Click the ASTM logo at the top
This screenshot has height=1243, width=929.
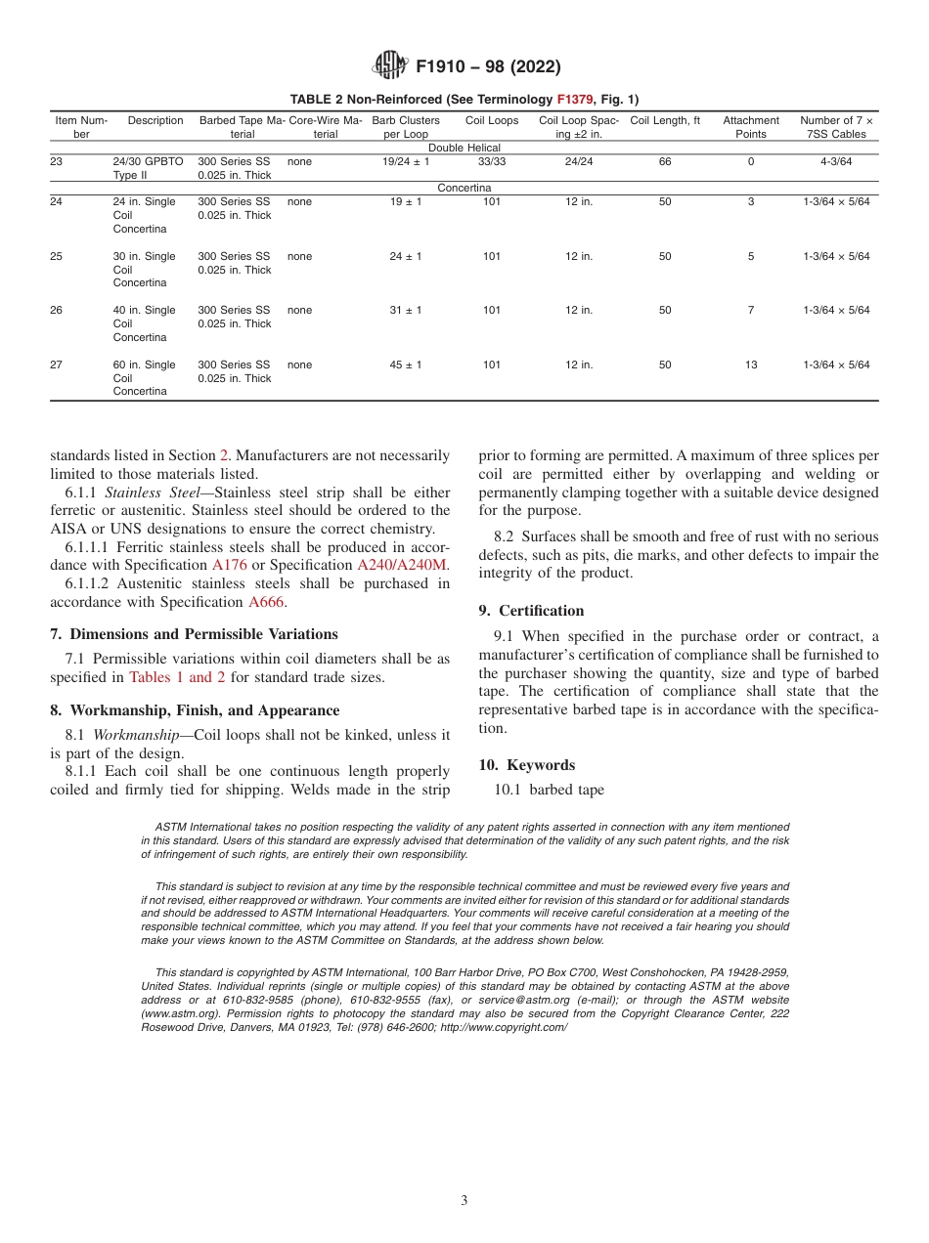(x=389, y=66)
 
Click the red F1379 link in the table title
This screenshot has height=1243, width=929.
(x=575, y=99)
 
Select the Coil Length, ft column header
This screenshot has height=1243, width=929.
(x=665, y=121)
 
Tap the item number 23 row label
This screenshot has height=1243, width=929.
(x=57, y=162)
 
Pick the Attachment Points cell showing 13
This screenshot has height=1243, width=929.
(x=751, y=364)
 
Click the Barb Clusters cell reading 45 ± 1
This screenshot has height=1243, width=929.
(x=406, y=364)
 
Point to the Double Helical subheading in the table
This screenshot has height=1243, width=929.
(x=464, y=148)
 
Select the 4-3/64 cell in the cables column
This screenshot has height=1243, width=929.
(x=835, y=162)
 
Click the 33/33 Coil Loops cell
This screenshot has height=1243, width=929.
(x=492, y=162)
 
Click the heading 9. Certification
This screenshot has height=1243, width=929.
(x=531, y=611)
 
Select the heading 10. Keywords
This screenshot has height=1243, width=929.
(x=526, y=765)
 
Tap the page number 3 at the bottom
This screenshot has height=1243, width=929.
(x=464, y=1201)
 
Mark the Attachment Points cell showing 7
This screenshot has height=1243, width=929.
(x=751, y=310)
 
